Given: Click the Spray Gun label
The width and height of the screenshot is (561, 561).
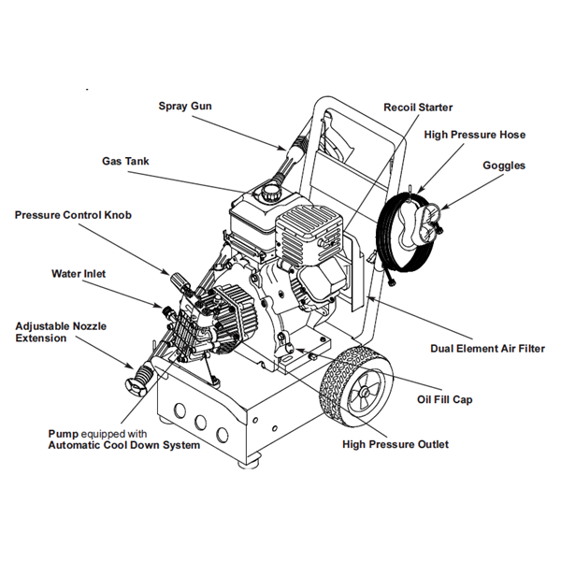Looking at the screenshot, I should (184, 106).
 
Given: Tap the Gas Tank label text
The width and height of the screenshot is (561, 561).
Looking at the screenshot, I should (125, 161).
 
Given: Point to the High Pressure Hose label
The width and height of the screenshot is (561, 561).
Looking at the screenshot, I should (474, 135).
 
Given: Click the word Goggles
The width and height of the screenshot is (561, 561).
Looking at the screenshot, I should (504, 165).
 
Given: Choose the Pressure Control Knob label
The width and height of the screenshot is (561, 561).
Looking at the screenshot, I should (73, 215).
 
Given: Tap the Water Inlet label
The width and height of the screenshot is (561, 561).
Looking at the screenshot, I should (79, 274).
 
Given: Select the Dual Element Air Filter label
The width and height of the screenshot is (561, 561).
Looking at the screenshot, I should (487, 349).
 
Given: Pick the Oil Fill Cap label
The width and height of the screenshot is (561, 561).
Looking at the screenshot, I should (444, 399).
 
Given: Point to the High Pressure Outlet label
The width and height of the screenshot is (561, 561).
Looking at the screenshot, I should (396, 444).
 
